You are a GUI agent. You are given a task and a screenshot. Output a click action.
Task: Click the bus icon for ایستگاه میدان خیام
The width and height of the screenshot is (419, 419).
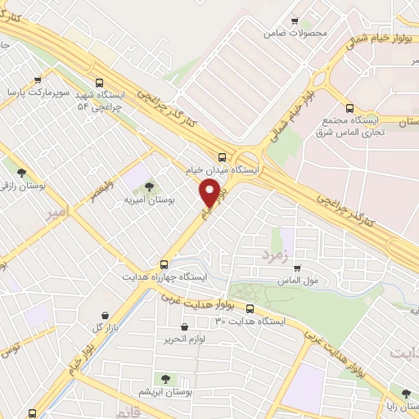point(223,157)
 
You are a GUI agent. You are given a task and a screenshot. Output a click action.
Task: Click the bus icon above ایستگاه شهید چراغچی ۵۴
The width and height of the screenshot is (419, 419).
point(99,83)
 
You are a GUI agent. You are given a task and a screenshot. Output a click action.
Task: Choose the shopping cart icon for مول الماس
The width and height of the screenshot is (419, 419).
point(298,268)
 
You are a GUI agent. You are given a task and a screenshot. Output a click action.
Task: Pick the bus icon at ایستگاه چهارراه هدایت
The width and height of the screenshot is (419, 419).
point(164,264)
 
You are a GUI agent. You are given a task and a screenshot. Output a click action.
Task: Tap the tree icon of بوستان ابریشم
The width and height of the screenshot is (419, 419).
point(166,379)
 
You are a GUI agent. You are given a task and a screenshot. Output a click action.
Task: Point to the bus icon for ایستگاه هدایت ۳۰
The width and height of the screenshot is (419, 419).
point(250,309)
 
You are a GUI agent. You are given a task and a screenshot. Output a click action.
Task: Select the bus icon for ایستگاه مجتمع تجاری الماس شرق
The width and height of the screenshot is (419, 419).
point(350,107)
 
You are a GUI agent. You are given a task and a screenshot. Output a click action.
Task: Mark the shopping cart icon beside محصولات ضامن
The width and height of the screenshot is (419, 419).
point(295,21)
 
